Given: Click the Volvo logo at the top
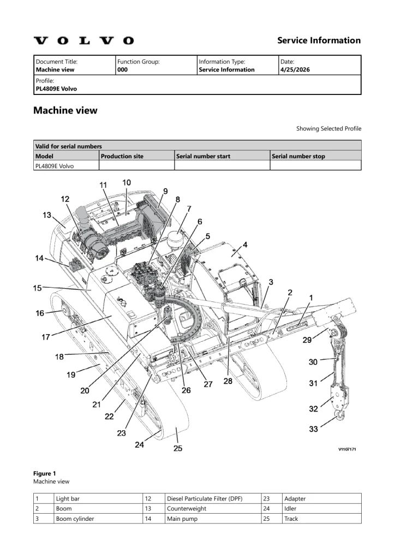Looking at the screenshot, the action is (x=84, y=40).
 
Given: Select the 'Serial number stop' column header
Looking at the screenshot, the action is (x=298, y=156).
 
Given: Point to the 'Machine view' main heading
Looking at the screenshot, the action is (x=65, y=110).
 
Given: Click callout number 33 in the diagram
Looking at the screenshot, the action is (x=313, y=429).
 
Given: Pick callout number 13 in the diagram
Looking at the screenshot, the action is (x=47, y=215).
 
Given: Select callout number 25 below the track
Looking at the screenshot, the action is (x=178, y=448).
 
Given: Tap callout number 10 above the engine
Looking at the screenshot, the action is (x=127, y=182).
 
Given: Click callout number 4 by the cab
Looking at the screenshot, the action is (x=245, y=245).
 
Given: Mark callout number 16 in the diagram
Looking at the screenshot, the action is (x=40, y=313).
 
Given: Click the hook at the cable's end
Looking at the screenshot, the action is (x=340, y=415).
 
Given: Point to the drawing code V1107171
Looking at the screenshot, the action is (x=347, y=449).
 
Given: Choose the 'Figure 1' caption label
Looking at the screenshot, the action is (x=45, y=473).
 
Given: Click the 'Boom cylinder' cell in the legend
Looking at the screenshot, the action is (x=75, y=519).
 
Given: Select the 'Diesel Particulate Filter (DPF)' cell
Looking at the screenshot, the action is (x=205, y=499).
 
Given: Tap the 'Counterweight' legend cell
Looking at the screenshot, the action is (x=186, y=509).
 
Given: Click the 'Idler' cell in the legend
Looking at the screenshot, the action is (x=290, y=509).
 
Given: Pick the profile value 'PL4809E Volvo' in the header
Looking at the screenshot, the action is (x=56, y=89).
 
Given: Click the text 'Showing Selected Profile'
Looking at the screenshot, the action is (x=329, y=128).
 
